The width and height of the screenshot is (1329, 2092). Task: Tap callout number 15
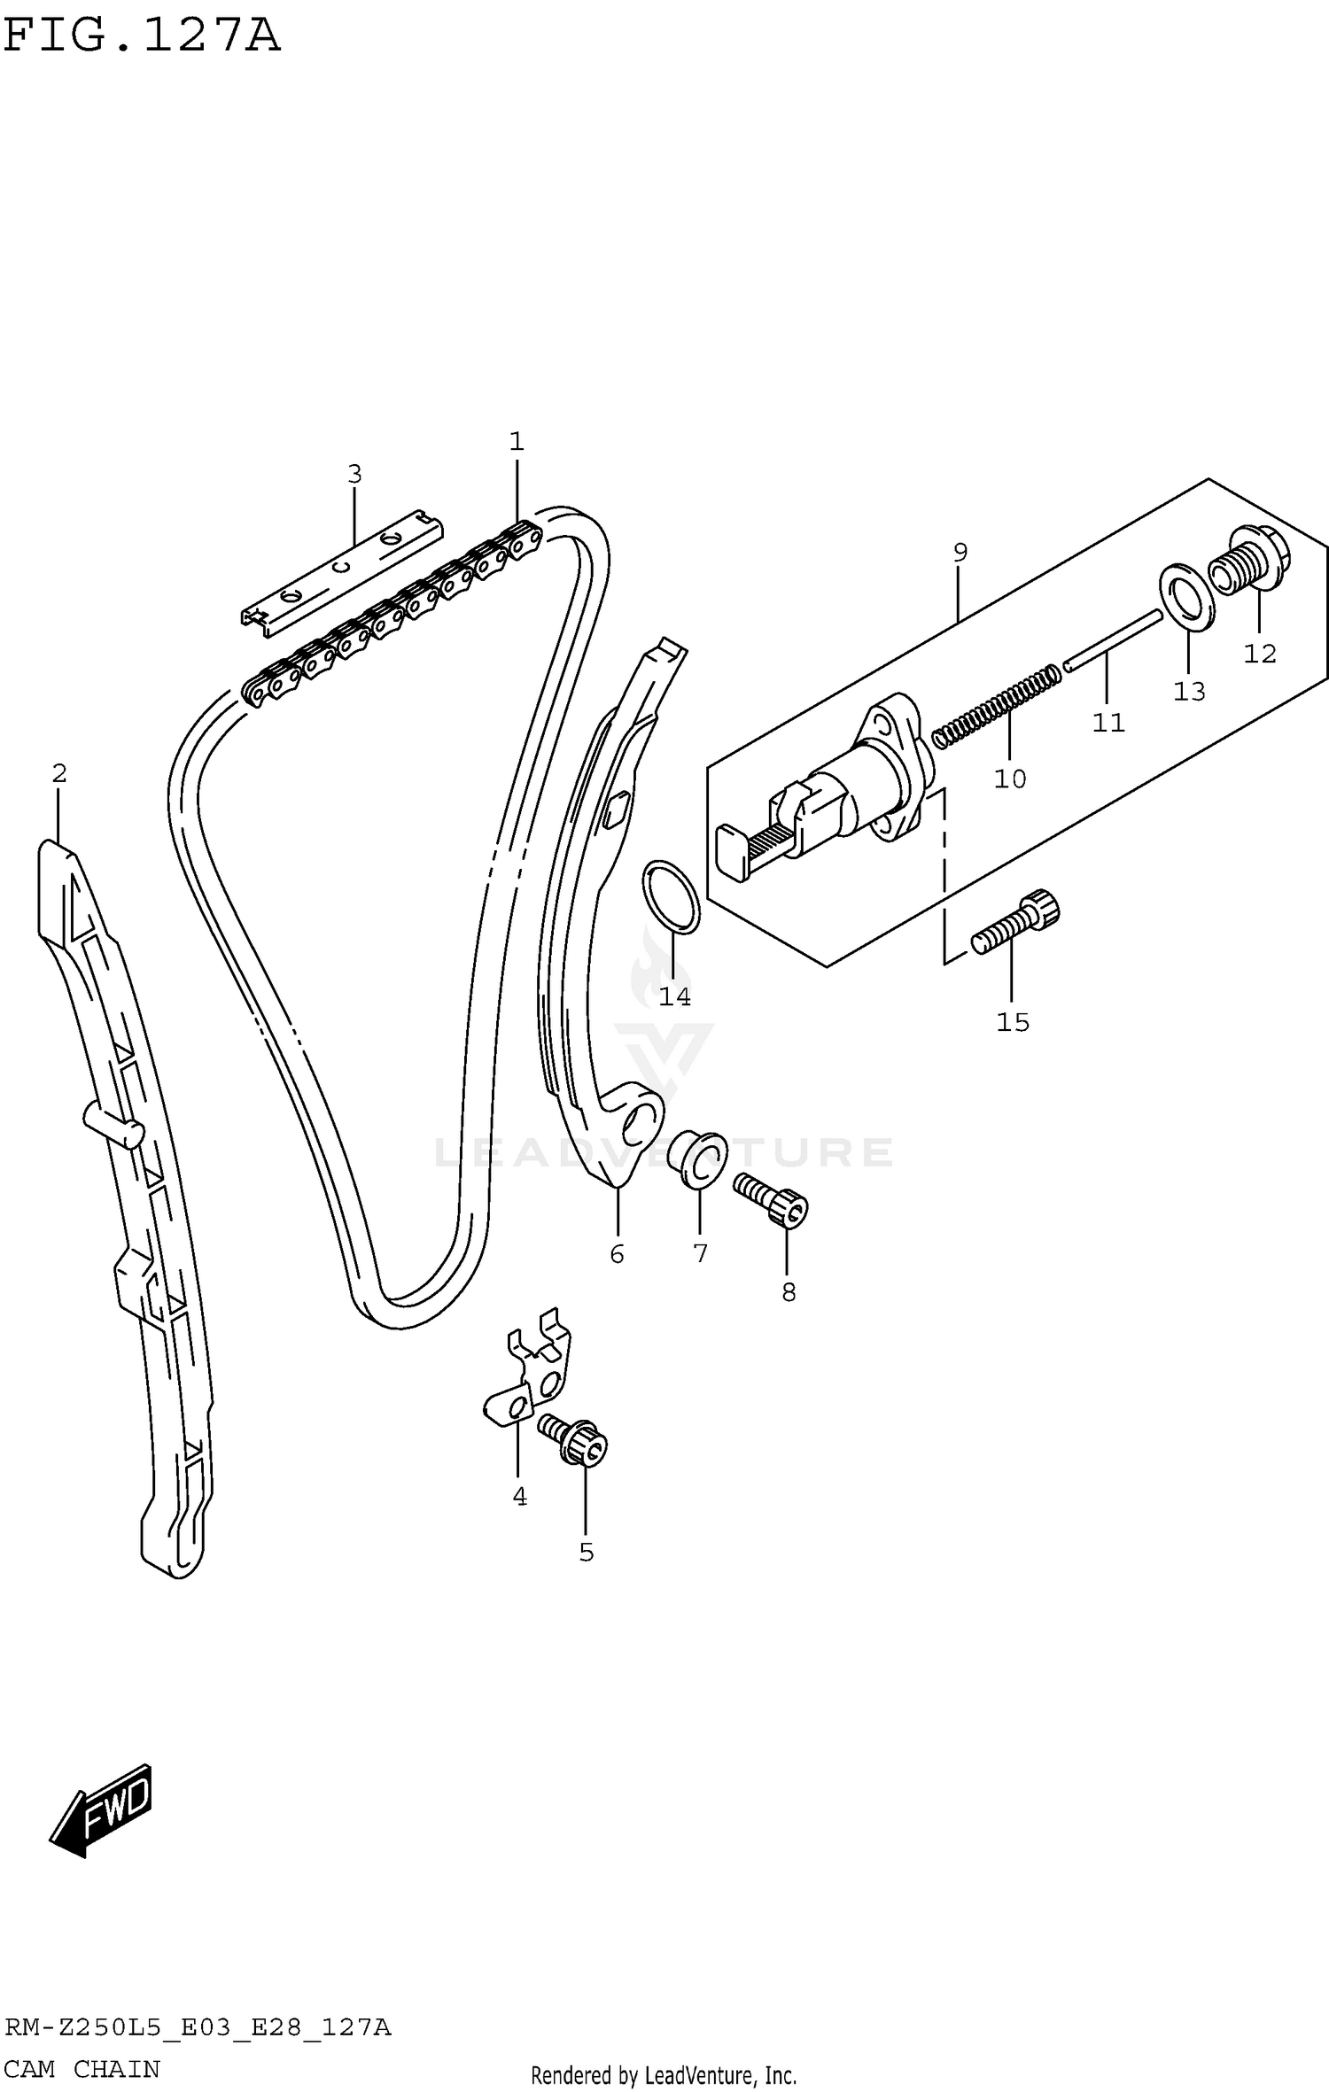click(1013, 1023)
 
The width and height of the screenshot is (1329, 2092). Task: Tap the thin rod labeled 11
click(1113, 639)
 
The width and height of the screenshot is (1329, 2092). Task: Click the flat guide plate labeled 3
click(344, 572)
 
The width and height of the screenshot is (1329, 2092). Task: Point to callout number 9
click(960, 553)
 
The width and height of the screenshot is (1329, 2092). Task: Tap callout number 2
click(58, 774)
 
